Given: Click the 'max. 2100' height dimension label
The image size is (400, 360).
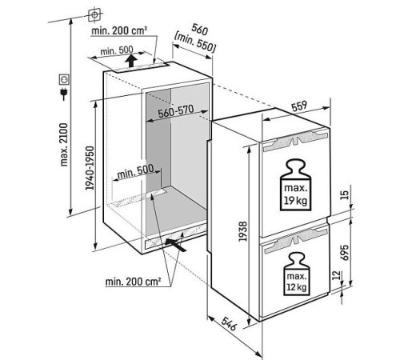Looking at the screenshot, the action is click(x=64, y=145).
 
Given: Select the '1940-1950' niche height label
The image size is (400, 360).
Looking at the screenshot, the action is click(x=90, y=168).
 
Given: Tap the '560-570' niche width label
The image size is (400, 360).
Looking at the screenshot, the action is click(x=176, y=111).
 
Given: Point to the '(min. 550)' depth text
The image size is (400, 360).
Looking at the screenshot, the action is click(x=194, y=42).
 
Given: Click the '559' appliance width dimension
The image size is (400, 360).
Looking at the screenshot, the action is click(x=299, y=106).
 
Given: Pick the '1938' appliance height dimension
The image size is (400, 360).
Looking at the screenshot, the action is click(x=243, y=231).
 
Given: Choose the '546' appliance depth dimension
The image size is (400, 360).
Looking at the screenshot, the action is click(x=229, y=323).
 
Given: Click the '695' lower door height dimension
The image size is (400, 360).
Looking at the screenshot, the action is click(x=345, y=252).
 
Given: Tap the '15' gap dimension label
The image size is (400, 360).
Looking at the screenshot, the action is click(x=345, y=195).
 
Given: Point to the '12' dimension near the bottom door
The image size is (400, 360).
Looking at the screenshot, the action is click(x=338, y=275).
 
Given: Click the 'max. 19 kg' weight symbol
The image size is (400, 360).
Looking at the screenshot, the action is click(x=295, y=185).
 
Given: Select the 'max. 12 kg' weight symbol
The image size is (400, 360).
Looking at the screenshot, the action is click(x=296, y=274).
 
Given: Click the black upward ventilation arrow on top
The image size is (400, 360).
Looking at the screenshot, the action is click(x=131, y=61).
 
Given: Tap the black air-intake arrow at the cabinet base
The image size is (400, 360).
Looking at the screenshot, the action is click(x=175, y=245).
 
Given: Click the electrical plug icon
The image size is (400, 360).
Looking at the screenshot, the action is click(x=64, y=94).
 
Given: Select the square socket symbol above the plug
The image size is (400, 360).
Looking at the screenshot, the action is click(x=64, y=80).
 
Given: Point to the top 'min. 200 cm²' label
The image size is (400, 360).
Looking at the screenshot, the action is click(x=119, y=30).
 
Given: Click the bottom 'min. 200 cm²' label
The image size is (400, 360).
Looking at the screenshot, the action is click(x=133, y=282).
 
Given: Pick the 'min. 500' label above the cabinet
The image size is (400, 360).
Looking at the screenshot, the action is click(x=117, y=50).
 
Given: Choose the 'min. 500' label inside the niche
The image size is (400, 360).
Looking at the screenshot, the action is click(x=135, y=171).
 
